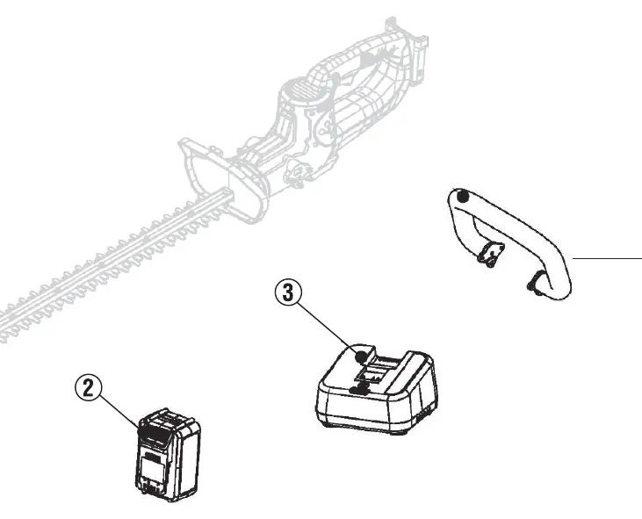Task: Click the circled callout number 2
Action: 88,387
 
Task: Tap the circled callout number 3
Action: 288,293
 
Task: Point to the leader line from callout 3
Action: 327,326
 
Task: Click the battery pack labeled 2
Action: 168,454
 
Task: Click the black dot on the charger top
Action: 361,357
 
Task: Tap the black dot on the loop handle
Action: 463,197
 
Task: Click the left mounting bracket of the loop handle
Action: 491,255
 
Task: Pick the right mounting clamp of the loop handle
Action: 536,283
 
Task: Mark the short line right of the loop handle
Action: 607,259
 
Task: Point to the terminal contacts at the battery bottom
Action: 151,487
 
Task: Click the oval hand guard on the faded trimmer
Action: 223,180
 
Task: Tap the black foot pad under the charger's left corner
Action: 329,423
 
